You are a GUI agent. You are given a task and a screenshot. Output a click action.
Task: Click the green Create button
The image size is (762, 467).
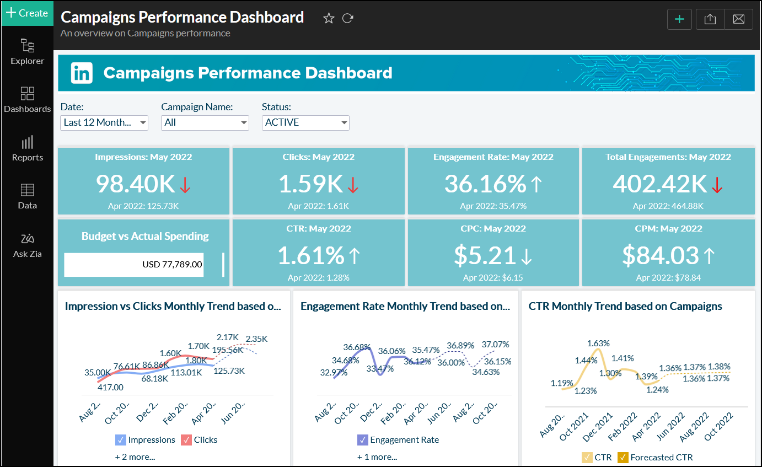pos(26,13)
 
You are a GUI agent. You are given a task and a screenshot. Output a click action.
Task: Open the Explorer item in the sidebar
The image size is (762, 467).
pos(28,52)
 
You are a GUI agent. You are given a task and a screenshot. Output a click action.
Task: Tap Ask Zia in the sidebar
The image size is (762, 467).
pos(28,245)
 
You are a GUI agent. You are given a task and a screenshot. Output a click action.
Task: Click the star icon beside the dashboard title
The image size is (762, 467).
pos(329,18)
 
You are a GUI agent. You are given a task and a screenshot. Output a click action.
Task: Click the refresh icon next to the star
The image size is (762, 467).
pos(347,18)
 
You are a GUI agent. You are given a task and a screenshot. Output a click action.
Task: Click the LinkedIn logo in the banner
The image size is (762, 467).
pos(82,73)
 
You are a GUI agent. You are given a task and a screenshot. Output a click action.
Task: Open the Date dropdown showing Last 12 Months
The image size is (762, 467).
pos(104,122)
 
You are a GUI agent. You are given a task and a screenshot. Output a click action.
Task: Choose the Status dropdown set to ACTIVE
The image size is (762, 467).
pos(305,122)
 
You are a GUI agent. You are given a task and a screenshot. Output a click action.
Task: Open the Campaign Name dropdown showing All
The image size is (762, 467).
pos(205,122)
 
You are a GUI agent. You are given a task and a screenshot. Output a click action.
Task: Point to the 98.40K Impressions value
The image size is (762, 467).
pos(136,184)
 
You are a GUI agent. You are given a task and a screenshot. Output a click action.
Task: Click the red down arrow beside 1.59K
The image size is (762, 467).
pos(353,186)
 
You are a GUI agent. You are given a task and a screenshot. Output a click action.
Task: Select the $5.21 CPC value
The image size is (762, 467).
pos(485,255)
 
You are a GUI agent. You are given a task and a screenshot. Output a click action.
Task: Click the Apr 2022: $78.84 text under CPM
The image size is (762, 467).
pos(668,278)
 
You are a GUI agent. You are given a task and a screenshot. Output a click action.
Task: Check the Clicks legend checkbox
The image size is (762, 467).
pos(186,440)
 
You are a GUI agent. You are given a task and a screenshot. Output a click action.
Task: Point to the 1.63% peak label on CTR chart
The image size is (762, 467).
pos(598,343)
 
